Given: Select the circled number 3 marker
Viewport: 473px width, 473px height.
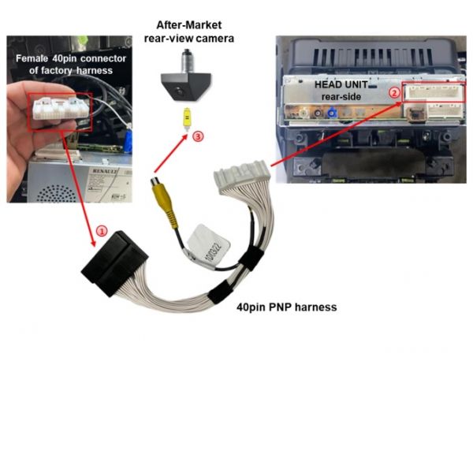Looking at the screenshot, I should coord(198,136).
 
